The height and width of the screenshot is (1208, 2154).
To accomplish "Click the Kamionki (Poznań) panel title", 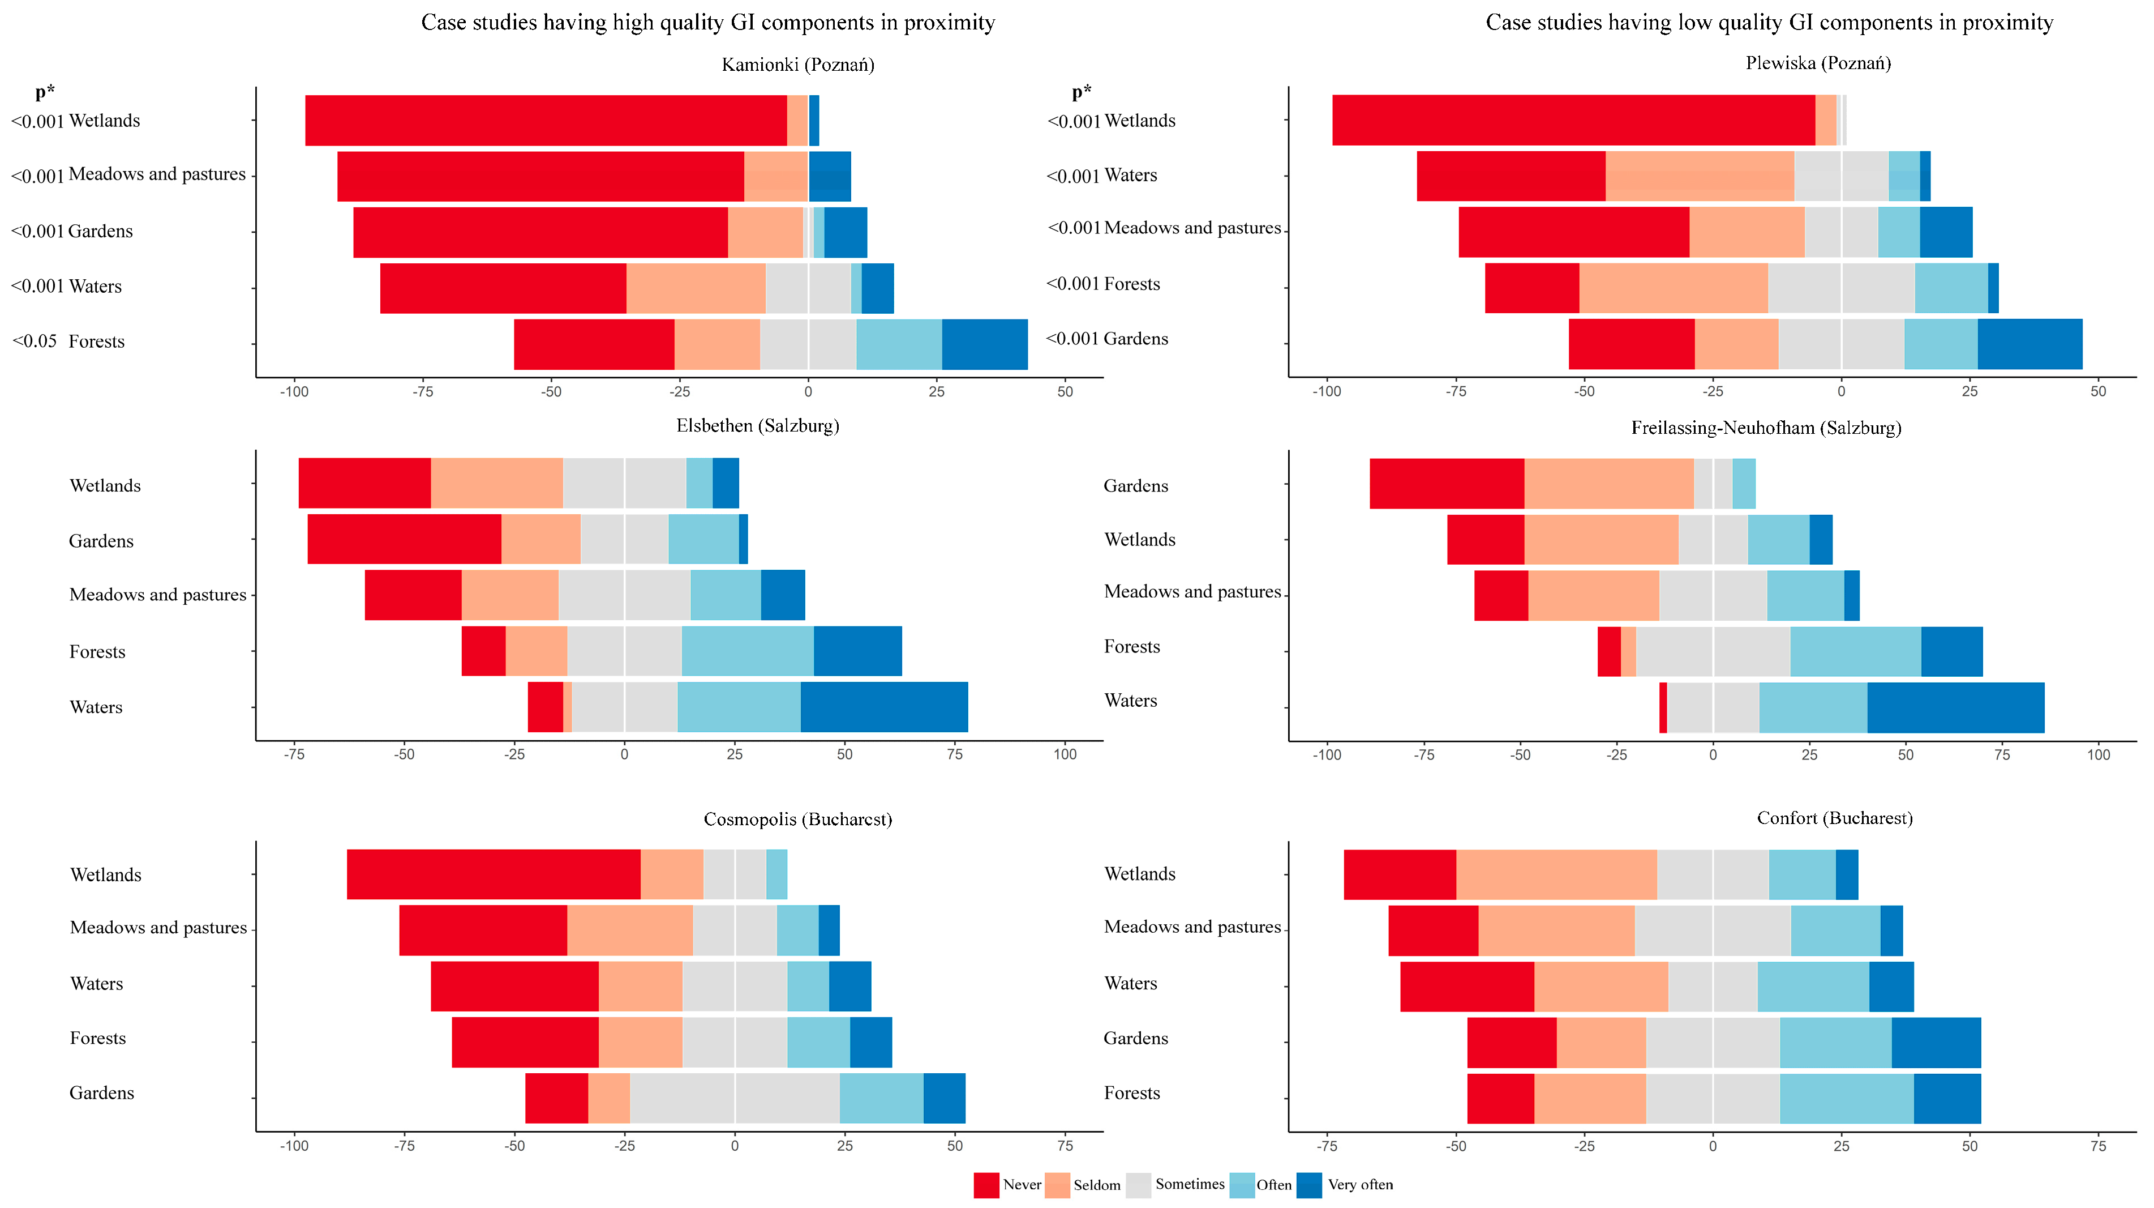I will click(798, 65).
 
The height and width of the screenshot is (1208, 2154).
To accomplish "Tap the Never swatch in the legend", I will click(986, 1185).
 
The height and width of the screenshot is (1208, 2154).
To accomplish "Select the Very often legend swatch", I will click(1308, 1185).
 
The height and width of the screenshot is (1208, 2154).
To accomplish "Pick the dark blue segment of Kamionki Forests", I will click(984, 344).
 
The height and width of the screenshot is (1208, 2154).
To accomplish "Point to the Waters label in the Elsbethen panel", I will click(96, 707).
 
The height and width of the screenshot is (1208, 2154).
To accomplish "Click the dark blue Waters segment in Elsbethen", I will click(884, 707).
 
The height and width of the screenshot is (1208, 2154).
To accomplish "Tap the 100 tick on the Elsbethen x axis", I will click(1065, 754).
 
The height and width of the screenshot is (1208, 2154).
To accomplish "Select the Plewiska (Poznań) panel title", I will click(1818, 63).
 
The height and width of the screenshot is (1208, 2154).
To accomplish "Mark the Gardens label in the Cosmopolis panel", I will click(101, 1092).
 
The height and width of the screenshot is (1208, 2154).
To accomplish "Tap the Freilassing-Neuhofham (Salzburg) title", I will click(1765, 428).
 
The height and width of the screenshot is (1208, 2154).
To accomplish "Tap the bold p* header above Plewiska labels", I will click(1081, 91).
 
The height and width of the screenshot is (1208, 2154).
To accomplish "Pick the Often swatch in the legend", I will click(1242, 1185).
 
